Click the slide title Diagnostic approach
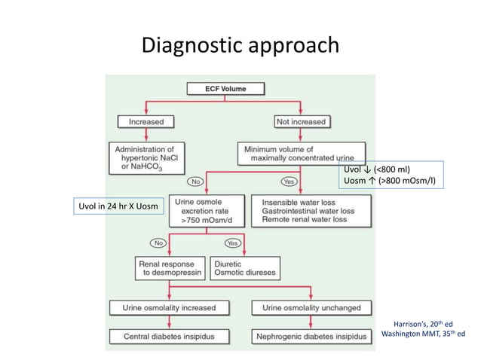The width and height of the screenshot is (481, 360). coord(240,47)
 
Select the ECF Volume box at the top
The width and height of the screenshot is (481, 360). coord(226,88)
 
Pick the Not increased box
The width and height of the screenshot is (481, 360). coord(300,121)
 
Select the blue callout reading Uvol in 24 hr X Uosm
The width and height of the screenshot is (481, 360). coord(118,206)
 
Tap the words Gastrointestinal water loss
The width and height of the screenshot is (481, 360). coord(308,212)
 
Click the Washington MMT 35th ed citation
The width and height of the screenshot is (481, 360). coord(423,334)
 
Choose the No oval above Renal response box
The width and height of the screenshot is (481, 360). coord(158,243)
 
